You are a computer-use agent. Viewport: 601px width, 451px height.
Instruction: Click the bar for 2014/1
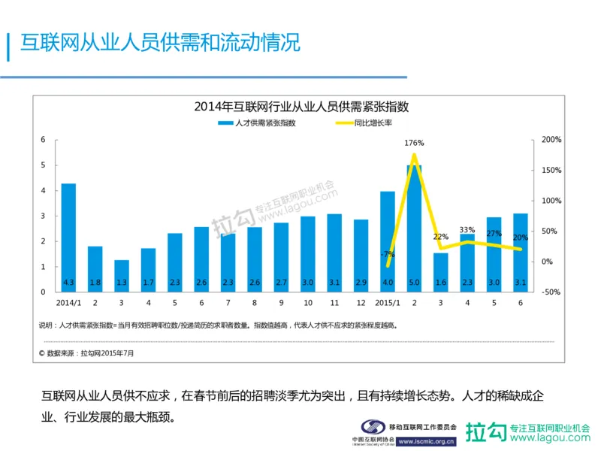coord(68,238)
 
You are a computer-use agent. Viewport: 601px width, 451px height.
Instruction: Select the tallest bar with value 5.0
coord(414,229)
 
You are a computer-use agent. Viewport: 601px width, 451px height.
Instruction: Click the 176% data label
coord(414,143)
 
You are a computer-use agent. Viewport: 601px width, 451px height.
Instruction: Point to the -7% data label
coord(387,253)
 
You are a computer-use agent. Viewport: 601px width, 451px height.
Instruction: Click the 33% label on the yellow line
coord(467,230)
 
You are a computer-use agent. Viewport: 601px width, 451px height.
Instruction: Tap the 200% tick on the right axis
coord(551,140)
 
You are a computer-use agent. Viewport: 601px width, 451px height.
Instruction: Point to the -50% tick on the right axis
coord(551,292)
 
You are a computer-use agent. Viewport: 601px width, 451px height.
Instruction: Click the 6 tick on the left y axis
coord(44,140)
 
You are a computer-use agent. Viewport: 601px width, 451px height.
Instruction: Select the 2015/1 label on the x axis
coord(387,304)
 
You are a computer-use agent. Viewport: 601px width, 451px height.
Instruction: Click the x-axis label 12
coord(361,304)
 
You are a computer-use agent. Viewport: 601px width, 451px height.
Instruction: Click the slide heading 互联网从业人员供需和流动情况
coord(159,43)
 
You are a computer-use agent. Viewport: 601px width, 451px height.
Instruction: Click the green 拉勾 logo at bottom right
coord(485,432)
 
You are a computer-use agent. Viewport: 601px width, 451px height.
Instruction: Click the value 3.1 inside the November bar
coord(334,283)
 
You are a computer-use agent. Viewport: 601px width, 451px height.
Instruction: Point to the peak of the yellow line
coord(414,155)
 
